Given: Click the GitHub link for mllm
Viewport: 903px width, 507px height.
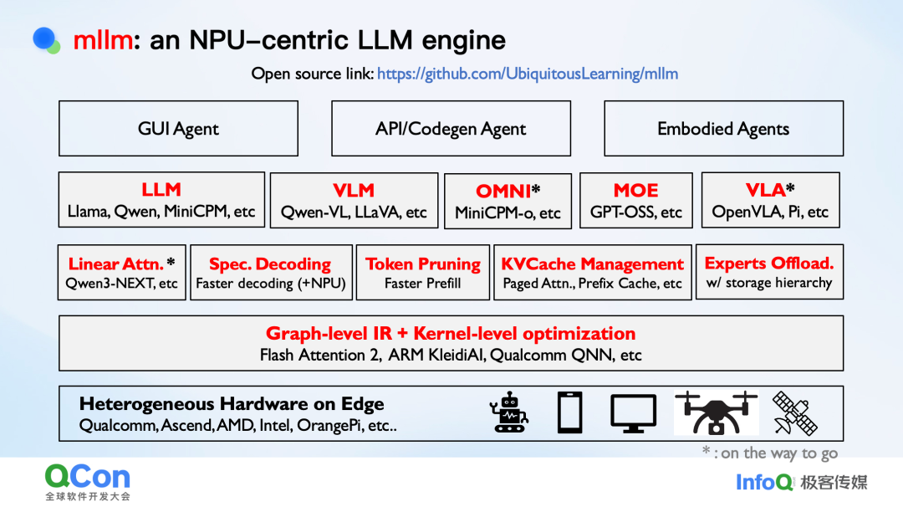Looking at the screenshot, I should (x=527, y=74).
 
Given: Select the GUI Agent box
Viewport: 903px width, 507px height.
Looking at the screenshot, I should (x=178, y=129).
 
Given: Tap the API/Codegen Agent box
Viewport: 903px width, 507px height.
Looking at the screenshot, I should (x=451, y=129).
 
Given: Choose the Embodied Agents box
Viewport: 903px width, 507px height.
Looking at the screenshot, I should (x=723, y=129).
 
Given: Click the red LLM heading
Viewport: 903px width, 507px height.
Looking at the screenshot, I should (x=161, y=190).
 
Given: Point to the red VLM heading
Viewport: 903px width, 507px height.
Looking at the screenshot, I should (x=354, y=190).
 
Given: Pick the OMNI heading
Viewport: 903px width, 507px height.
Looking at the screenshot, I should (x=503, y=192).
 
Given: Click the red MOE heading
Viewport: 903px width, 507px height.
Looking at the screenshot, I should (x=635, y=190).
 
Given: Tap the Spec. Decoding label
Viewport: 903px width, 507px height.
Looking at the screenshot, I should (x=269, y=264).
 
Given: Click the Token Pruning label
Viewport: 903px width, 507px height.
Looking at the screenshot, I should (x=422, y=264).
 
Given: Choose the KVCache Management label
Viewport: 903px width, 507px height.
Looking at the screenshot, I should (x=592, y=264).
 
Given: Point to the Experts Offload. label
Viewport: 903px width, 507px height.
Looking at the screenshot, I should (x=769, y=263).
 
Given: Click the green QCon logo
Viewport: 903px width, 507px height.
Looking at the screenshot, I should (x=88, y=478).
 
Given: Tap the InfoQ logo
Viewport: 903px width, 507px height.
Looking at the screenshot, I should (x=764, y=482).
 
